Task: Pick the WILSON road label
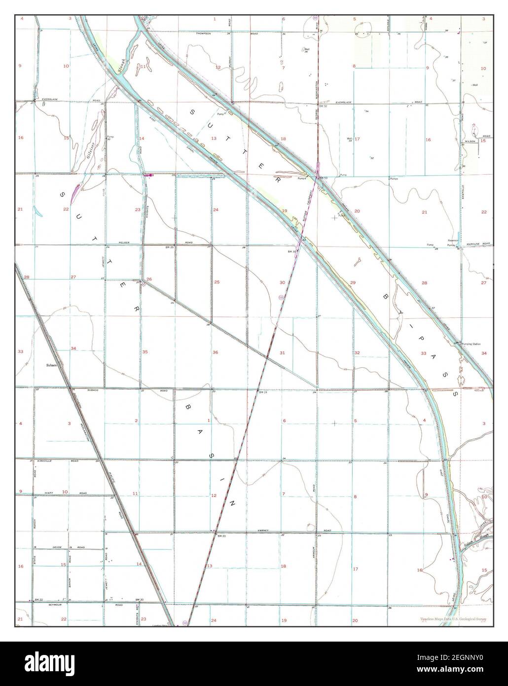click(x=469, y=142)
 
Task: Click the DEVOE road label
click(x=57, y=548)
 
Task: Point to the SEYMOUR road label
click(x=54, y=604)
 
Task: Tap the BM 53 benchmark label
click(x=324, y=177)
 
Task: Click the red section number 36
click(x=215, y=352)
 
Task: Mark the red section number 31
click(x=282, y=352)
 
